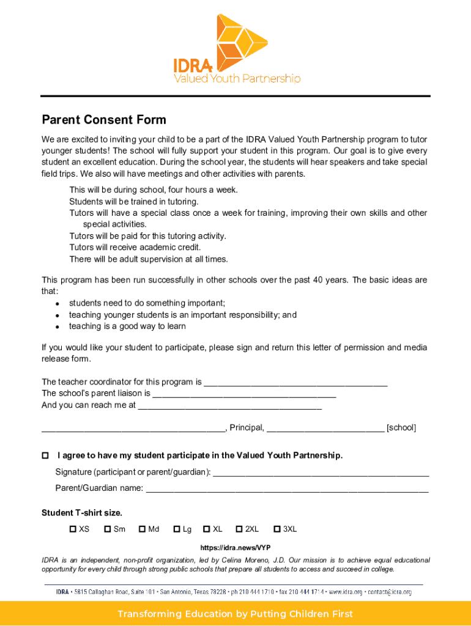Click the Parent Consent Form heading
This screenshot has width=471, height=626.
pos(104,120)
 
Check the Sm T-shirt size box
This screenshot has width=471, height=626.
pos(108,529)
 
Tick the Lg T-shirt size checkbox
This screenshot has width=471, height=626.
pos(177,529)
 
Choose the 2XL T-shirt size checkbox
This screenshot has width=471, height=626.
pos(240,529)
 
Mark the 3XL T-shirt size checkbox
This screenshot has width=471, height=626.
pos(277,529)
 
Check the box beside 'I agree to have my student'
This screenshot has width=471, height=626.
pos(45,456)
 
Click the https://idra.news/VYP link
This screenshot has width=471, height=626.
pos(236,548)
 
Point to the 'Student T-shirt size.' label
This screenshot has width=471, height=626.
pos(81,513)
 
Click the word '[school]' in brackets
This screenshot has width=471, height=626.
pos(401,428)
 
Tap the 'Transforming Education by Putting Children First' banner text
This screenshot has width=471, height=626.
pos(236,614)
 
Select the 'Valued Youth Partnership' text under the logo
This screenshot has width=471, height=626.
pos(237,78)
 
